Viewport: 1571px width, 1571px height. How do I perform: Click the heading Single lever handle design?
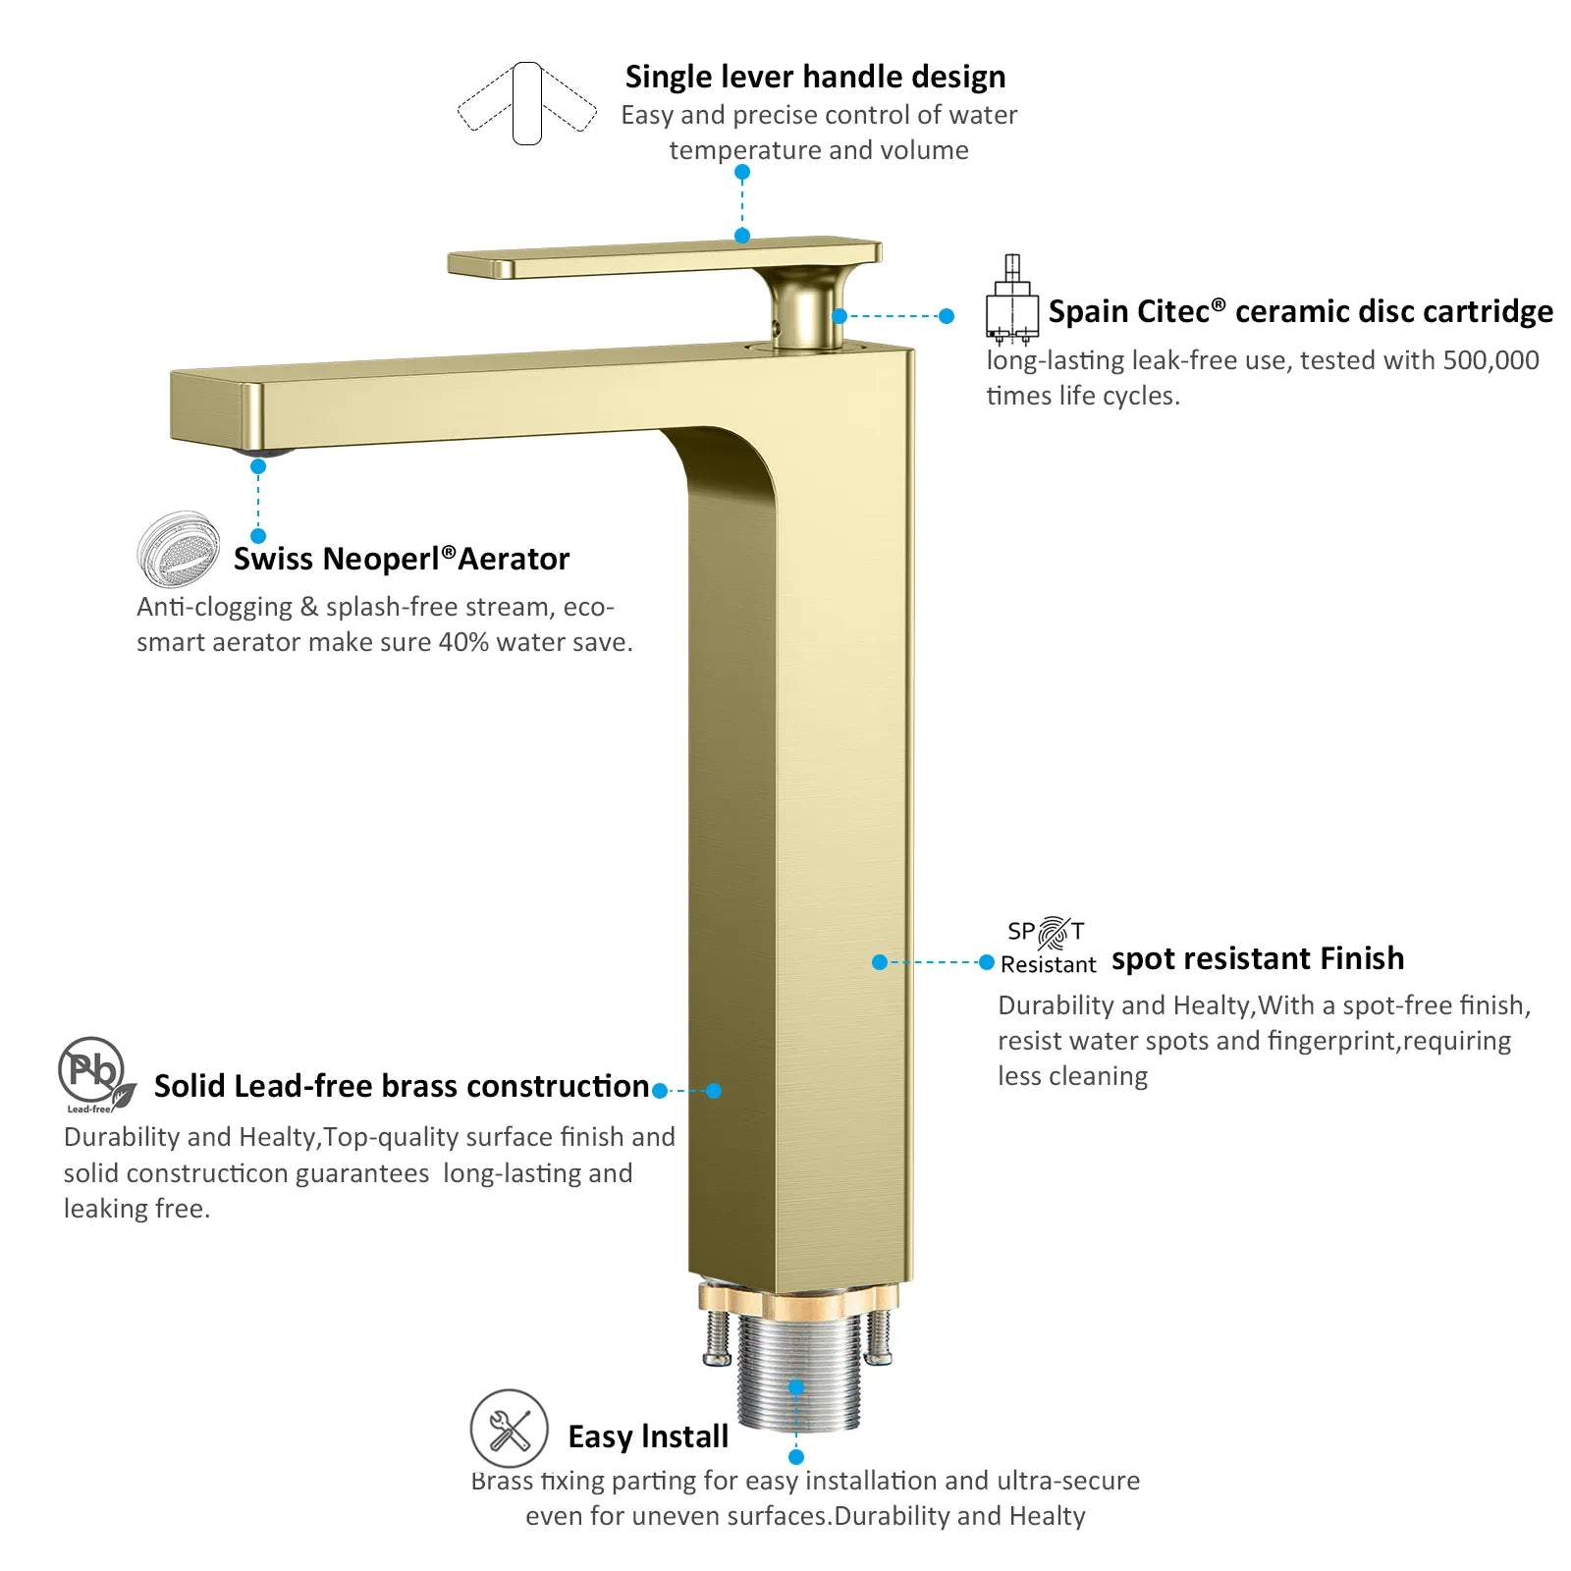[x=815, y=77]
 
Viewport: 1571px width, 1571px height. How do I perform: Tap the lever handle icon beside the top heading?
[x=527, y=104]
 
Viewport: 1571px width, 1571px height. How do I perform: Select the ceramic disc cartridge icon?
[x=1011, y=299]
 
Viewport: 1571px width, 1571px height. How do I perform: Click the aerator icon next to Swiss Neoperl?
[x=179, y=547]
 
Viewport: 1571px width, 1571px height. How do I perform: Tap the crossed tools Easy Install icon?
[x=509, y=1429]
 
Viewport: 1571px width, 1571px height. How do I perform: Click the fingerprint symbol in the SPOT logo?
[x=1054, y=932]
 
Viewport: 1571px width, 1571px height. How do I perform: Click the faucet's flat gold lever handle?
[x=665, y=257]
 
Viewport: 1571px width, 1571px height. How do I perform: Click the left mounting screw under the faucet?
[x=718, y=1337]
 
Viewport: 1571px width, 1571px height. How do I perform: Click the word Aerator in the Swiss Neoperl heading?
[x=514, y=559]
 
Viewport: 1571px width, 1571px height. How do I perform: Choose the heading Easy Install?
[x=648, y=1436]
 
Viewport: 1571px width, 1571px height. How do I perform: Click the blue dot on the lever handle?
[x=742, y=236]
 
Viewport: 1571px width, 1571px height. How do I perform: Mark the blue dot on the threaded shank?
[x=796, y=1387]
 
